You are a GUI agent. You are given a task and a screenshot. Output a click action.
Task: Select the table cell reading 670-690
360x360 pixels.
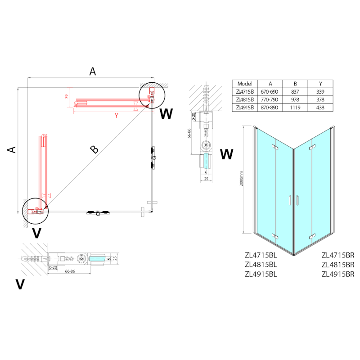[x=270, y=91]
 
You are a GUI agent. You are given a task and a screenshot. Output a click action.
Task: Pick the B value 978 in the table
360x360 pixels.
[x=295, y=99]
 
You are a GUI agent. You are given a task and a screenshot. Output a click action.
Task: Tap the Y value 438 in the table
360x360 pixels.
[x=320, y=108]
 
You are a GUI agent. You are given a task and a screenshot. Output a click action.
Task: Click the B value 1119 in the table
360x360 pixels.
[x=295, y=108]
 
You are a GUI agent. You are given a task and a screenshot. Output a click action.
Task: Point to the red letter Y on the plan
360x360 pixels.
[x=116, y=115]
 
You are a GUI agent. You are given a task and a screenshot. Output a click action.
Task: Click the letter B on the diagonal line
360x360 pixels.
[x=94, y=150]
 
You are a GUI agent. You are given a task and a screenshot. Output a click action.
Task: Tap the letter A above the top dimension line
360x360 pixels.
[x=93, y=71]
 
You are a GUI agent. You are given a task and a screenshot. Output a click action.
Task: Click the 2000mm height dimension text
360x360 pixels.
[x=242, y=179]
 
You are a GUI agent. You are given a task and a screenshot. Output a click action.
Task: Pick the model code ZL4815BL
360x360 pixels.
[x=261, y=265]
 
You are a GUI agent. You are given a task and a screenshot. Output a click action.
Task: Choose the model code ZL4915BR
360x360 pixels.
[x=338, y=274]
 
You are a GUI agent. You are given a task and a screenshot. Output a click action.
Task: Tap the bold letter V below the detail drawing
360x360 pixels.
[x=20, y=284]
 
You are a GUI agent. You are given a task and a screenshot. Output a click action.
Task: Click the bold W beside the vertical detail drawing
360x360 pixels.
[x=227, y=154]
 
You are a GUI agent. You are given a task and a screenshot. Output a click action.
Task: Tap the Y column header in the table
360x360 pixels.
[x=320, y=84]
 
